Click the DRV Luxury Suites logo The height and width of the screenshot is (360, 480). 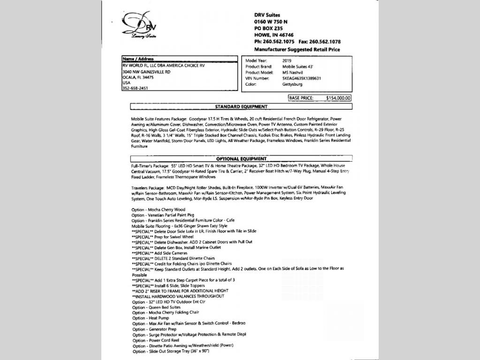pyautogui.click(x=139, y=26)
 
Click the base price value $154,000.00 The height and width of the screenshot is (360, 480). pyautogui.click(x=338, y=98)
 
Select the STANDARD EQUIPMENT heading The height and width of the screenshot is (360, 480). pyautogui.click(x=241, y=107)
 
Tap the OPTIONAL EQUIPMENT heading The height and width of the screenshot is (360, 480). pyautogui.click(x=241, y=159)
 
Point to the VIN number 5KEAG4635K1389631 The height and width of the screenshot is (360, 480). pyautogui.click(x=302, y=79)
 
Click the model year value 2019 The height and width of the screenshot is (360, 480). pyautogui.click(x=287, y=61)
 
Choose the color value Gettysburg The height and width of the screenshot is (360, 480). pyautogui.click(x=292, y=84)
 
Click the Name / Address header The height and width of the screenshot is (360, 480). pyautogui.click(x=138, y=59)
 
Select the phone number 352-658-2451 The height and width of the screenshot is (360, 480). pyautogui.click(x=135, y=88)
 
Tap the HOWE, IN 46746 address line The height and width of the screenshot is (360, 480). pyautogui.click(x=274, y=35)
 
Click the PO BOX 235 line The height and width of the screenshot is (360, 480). pyautogui.click(x=268, y=29)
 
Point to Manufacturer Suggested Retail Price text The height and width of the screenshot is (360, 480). pyautogui.click(x=297, y=49)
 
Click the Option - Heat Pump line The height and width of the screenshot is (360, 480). pyautogui.click(x=151, y=318)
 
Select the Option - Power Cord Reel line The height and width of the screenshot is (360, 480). pyautogui.click(x=156, y=340)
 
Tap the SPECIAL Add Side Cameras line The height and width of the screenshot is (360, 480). pyautogui.click(x=160, y=253)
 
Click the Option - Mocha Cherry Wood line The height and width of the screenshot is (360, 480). pyautogui.click(x=158, y=210)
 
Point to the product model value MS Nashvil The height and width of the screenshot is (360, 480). pyautogui.click(x=293, y=73)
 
